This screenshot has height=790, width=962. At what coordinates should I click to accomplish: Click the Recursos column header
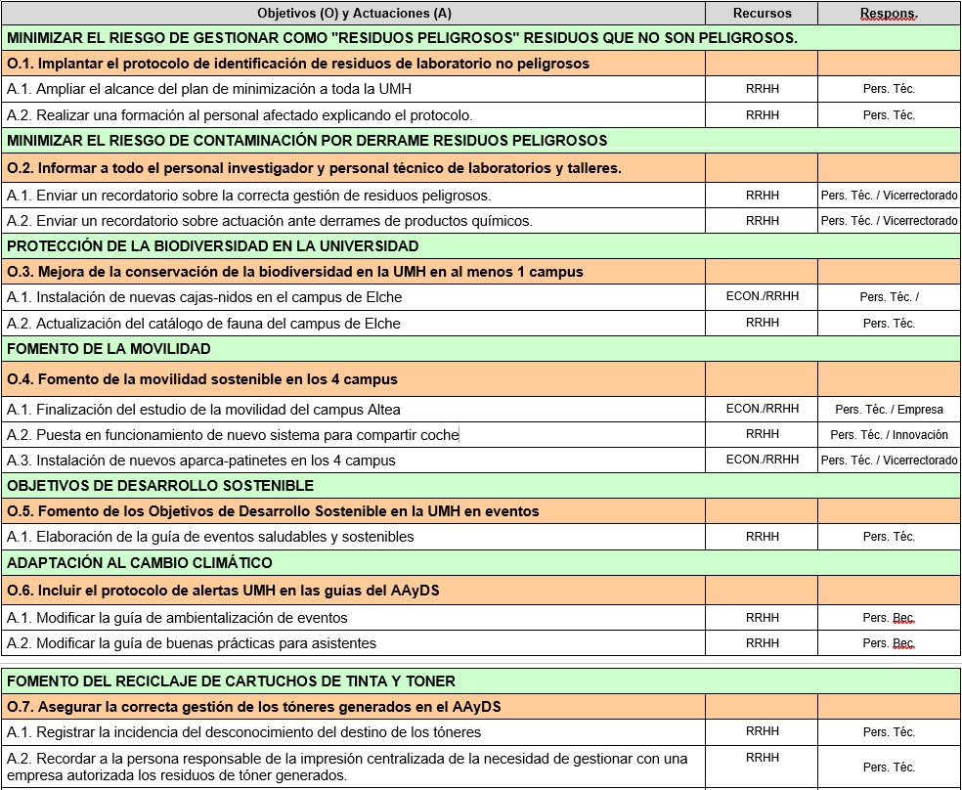762,13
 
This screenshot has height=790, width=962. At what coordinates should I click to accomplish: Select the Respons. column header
889,13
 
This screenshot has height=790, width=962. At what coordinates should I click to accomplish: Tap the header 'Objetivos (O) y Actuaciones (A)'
354,13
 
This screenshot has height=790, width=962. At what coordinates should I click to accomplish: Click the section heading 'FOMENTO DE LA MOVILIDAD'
109,348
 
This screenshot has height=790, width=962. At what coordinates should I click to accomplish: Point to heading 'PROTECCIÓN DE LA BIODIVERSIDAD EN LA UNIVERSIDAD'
212,245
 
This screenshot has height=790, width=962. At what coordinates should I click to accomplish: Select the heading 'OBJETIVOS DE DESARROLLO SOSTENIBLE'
160,485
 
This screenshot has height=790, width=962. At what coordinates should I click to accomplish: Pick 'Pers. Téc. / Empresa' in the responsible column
889,410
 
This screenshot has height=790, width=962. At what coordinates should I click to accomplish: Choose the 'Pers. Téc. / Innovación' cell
889,435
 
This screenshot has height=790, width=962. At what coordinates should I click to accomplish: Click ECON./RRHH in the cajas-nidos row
762,296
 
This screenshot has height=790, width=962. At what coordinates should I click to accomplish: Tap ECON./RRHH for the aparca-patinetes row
762,460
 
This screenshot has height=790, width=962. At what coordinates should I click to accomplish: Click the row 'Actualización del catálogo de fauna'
203,323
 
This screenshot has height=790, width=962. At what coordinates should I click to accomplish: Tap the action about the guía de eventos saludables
210,537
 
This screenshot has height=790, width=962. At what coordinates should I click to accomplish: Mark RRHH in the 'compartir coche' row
762,434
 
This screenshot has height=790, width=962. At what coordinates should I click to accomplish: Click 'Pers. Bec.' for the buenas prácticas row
889,643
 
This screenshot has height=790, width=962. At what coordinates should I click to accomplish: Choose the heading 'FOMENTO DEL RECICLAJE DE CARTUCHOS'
231,680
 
